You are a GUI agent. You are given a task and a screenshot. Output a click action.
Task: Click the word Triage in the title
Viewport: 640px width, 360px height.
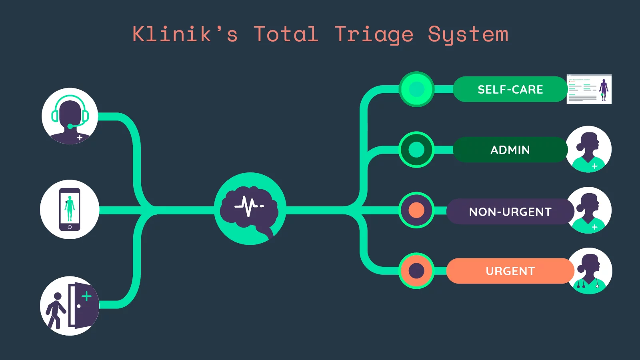coord(374,35)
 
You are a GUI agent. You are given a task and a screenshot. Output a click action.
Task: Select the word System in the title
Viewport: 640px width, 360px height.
coord(468,35)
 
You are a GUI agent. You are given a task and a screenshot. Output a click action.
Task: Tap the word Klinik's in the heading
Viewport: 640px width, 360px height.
coord(185,34)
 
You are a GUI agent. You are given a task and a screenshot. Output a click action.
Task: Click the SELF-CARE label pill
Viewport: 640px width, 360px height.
coord(510,89)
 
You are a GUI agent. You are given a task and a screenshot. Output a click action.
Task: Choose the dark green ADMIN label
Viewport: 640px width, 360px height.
coord(510,150)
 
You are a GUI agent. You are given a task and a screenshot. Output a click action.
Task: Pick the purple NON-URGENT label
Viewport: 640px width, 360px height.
coord(510,212)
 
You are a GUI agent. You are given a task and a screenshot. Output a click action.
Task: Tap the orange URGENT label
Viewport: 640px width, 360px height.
coord(510,271)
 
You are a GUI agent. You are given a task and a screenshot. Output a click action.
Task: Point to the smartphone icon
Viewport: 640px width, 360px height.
coord(70,209)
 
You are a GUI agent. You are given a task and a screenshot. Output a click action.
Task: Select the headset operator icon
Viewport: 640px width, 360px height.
coord(70,116)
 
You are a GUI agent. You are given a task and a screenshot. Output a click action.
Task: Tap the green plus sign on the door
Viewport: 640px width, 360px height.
coord(86,296)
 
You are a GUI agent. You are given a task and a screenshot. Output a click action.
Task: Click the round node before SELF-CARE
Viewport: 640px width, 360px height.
coord(416,89)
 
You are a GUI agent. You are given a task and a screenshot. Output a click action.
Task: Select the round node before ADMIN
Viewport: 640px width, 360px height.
coord(416,150)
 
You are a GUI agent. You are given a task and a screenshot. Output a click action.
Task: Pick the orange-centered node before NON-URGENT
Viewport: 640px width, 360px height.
coord(416,210)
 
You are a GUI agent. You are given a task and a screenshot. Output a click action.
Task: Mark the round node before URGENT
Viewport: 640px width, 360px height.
coord(416,271)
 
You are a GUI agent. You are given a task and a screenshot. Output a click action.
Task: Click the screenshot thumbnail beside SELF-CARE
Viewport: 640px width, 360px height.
coord(589,89)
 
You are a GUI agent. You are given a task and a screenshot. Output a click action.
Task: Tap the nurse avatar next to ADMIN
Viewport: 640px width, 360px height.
coord(589,149)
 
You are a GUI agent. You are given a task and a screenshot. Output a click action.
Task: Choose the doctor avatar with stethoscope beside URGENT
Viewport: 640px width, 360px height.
coord(589,271)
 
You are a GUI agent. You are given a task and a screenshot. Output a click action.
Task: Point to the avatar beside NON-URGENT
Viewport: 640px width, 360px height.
coord(590,210)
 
